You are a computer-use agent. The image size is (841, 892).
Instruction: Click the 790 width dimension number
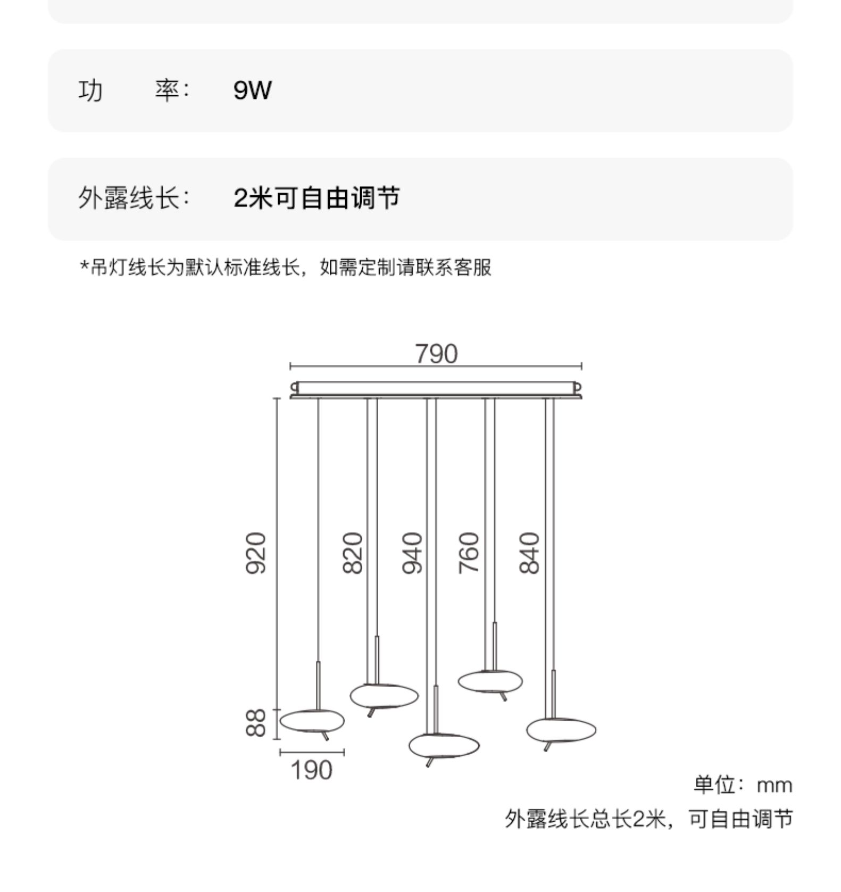coord(436,354)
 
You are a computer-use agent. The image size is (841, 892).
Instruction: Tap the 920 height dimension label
coord(255,553)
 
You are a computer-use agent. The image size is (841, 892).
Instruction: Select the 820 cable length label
coord(353,553)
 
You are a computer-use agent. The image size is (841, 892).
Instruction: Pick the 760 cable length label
coord(469,553)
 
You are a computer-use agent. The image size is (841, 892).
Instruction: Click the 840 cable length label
coord(529,553)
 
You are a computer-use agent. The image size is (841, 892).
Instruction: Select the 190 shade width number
coord(312,770)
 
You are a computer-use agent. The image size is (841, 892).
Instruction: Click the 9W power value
coord(252,90)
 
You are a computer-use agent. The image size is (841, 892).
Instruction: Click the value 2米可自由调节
coord(317,198)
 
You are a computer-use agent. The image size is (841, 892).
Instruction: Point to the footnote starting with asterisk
coord(286,267)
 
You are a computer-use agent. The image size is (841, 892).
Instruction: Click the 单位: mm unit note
coord(743,785)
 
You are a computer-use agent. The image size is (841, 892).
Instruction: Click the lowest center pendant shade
coord(444,746)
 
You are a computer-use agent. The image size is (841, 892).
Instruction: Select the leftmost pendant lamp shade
coord(312,721)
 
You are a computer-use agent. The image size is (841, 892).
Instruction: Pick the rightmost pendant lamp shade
coord(561,730)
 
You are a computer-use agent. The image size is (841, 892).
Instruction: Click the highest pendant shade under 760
coord(490,681)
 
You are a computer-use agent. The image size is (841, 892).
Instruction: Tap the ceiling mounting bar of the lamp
coord(436,388)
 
